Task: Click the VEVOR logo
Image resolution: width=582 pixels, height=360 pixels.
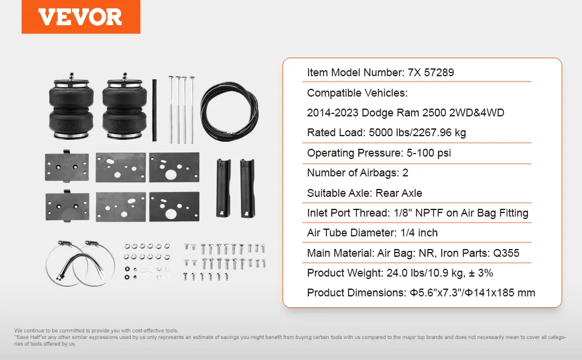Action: [80, 17]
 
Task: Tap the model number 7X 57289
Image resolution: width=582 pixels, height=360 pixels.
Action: [431, 73]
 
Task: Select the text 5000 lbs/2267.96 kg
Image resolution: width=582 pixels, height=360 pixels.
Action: [417, 133]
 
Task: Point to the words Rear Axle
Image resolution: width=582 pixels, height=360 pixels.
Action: [398, 193]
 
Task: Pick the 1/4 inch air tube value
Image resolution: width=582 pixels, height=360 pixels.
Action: [419, 233]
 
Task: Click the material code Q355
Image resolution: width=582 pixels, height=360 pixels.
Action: [506, 253]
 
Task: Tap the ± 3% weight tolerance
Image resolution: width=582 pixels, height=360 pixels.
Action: [481, 273]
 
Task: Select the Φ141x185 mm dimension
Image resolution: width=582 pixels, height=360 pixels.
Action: [500, 293]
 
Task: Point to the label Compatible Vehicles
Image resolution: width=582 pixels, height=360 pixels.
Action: [357, 93]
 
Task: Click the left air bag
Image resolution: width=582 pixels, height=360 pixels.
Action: [71, 107]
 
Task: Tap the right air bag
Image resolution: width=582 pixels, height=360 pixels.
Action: [124, 107]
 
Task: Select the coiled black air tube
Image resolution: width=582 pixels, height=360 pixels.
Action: [230, 112]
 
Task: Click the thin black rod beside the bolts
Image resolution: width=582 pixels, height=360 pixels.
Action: [154, 110]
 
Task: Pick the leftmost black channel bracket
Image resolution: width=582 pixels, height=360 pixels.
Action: [223, 188]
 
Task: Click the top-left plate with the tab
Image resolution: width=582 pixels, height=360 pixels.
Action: [67, 166]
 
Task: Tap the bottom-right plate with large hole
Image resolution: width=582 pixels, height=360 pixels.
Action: [174, 207]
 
